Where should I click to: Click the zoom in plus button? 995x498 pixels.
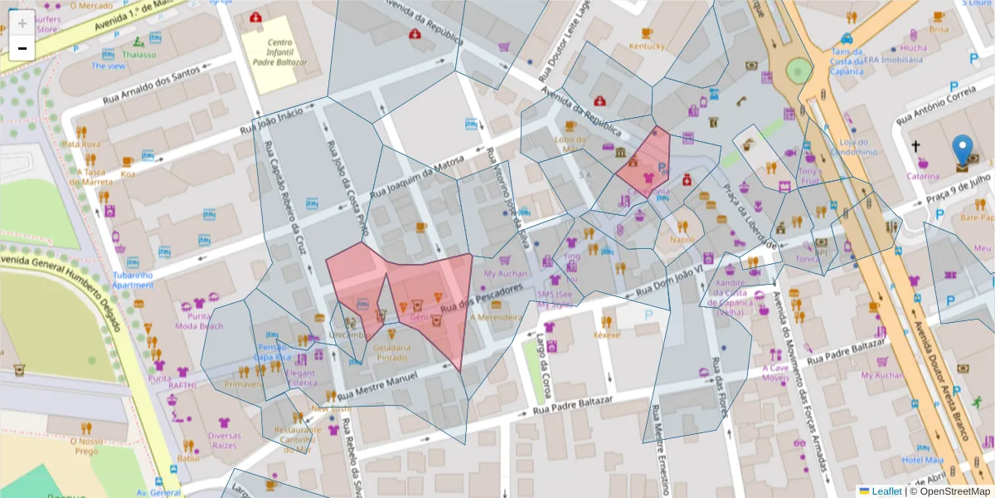coord(22,22)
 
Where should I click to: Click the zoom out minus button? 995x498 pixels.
coord(22,48)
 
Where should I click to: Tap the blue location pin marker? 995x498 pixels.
coord(963,149)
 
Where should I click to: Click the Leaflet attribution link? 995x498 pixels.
coord(886,491)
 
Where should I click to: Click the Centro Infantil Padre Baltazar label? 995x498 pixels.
coord(275,51)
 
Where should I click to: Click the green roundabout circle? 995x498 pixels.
coord(798,71)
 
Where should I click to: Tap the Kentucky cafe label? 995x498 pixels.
coord(647,46)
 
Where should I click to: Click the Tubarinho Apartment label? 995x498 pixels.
coord(133,280)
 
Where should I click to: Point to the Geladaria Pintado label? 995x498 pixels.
coord(391,352)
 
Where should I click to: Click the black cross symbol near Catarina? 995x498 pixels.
coord(916,147)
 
